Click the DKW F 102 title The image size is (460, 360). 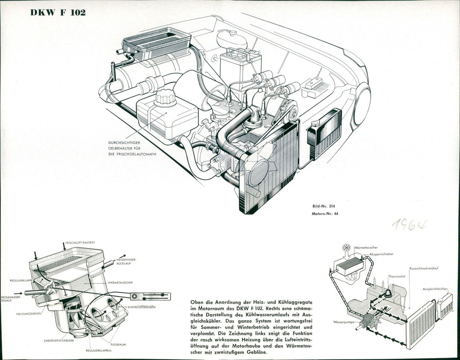(58, 12)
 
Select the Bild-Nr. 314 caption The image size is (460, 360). (324, 206)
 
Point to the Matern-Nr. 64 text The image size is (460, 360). (325, 214)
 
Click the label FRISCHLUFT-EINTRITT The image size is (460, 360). (80, 243)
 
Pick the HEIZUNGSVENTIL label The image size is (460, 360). (29, 313)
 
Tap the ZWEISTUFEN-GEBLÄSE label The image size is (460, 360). (59, 340)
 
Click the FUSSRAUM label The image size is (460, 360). (119, 344)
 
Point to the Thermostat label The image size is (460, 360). (397, 277)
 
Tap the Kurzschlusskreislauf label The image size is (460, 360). (424, 268)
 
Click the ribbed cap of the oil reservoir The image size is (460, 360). (166, 97)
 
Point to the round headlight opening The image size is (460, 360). (362, 107)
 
